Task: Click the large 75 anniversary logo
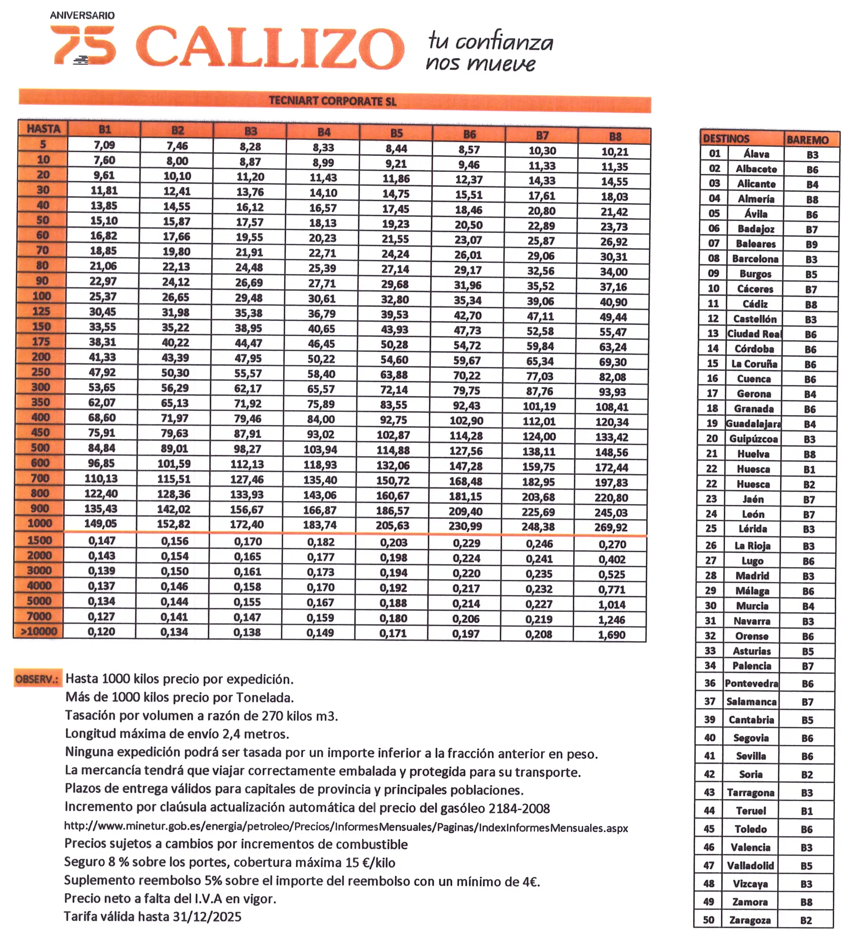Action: (x=83, y=45)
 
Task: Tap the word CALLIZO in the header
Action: (x=270, y=47)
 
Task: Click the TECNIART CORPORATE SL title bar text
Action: (x=333, y=101)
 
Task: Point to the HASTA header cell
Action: (x=43, y=129)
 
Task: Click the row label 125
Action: (x=41, y=311)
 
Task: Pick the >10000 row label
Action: (x=39, y=632)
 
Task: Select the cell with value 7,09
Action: (x=104, y=145)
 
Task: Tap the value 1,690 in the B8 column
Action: (x=611, y=635)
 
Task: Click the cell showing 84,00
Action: (x=321, y=419)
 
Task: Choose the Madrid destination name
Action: (x=752, y=575)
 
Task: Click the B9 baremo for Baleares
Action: (x=811, y=244)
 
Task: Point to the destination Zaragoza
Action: (x=750, y=920)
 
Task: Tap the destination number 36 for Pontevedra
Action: (x=710, y=683)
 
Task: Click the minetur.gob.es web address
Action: (x=346, y=827)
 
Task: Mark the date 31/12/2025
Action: (x=207, y=917)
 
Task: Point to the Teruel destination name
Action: (x=751, y=811)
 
